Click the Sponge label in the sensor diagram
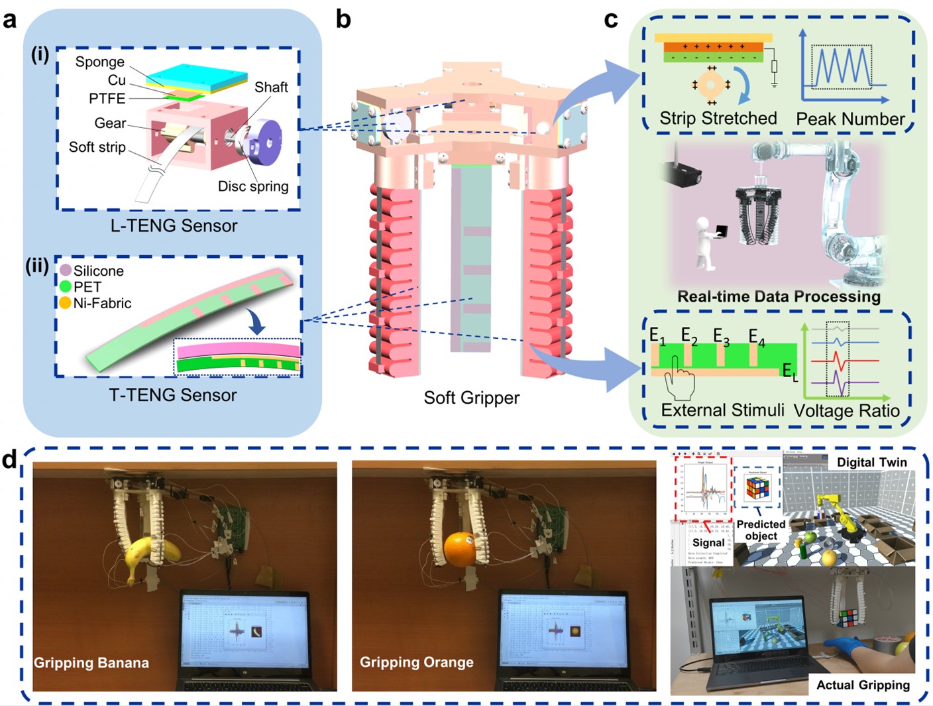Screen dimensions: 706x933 pyautogui.click(x=99, y=62)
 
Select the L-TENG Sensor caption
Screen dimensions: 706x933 pyautogui.click(x=174, y=225)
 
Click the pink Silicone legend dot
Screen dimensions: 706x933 pyautogui.click(x=66, y=270)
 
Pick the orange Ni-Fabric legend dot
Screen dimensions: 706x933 pyautogui.click(x=65, y=303)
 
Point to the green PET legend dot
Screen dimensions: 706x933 pyautogui.click(x=65, y=286)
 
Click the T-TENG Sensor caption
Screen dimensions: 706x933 pyautogui.click(x=172, y=395)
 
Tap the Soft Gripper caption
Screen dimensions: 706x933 pyautogui.click(x=471, y=398)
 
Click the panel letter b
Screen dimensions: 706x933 pyautogui.click(x=343, y=20)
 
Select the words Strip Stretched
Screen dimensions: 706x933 pyautogui.click(x=718, y=119)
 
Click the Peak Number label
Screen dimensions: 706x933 pyautogui.click(x=850, y=119)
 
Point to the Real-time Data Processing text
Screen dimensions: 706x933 pyautogui.click(x=779, y=296)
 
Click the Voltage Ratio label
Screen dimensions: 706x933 pyautogui.click(x=847, y=411)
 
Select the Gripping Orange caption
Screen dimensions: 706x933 pyautogui.click(x=416, y=662)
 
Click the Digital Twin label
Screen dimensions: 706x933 pyautogui.click(x=871, y=462)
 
